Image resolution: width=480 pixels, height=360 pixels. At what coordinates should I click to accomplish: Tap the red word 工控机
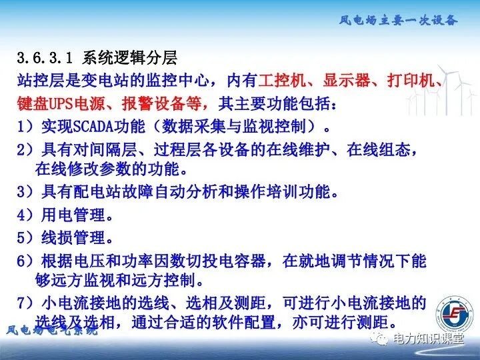click(281, 81)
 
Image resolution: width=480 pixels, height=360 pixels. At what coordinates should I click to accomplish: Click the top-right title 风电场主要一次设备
click(398, 20)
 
